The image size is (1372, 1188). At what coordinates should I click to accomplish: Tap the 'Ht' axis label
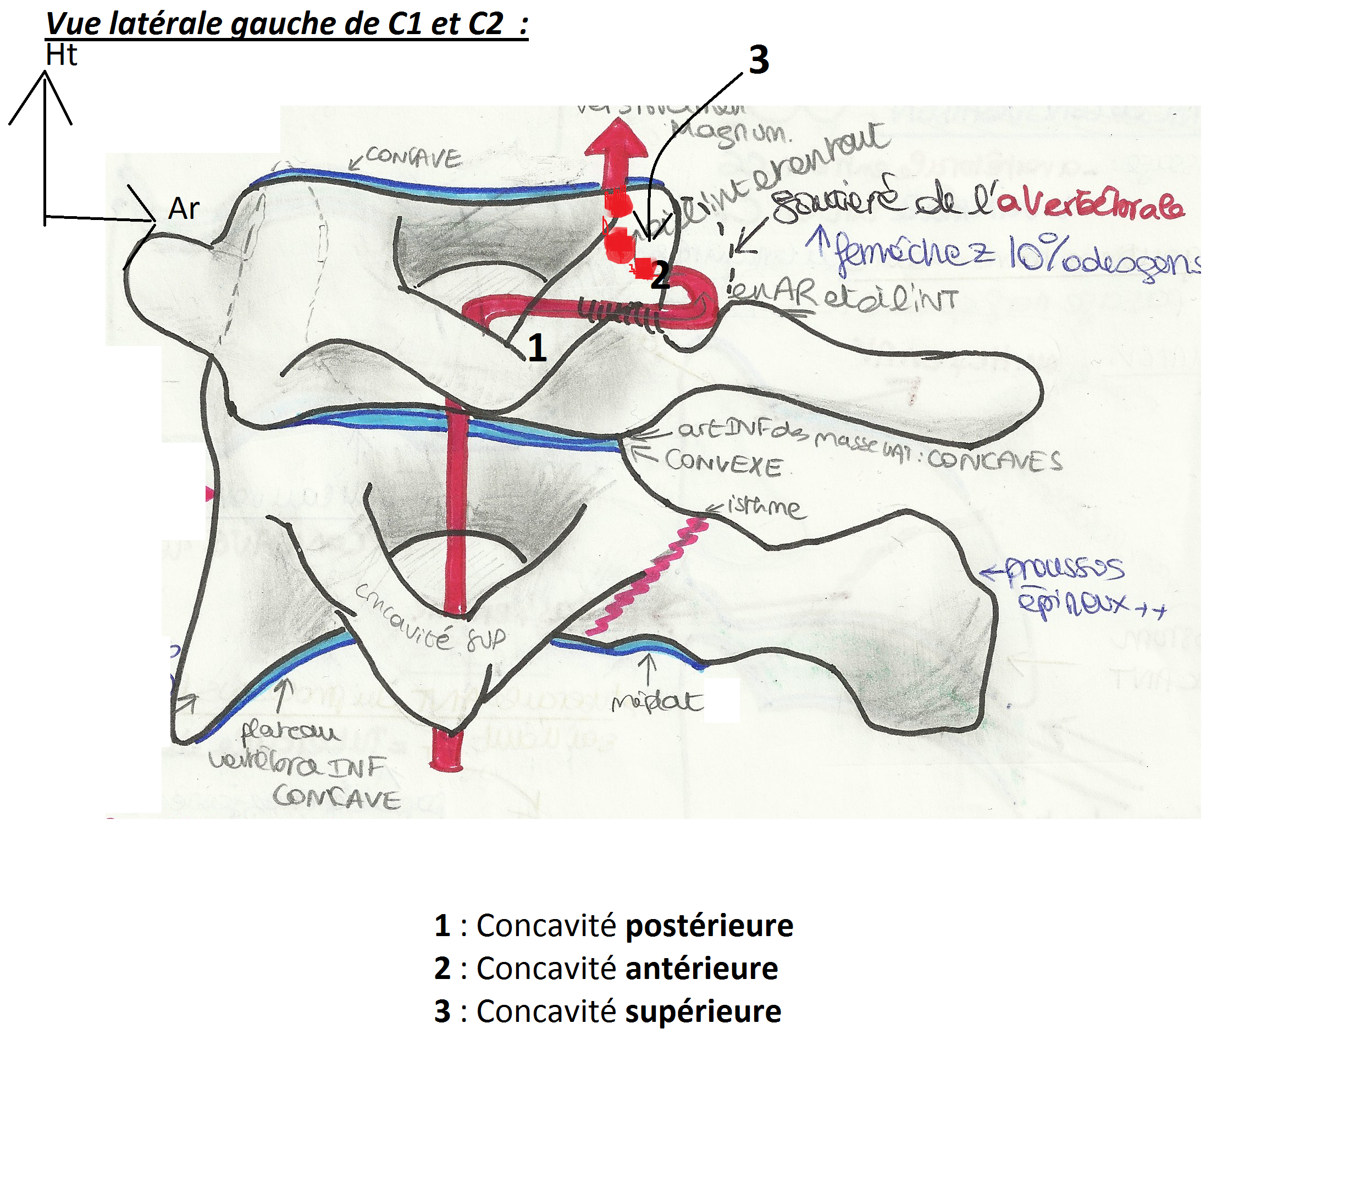coord(61,55)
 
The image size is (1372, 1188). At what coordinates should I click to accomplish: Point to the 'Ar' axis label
coord(184,209)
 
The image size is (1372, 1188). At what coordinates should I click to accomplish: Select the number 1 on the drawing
coord(536,348)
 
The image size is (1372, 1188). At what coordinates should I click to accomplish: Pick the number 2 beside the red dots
coord(660,275)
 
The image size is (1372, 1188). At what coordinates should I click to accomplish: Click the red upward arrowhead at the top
coord(616,139)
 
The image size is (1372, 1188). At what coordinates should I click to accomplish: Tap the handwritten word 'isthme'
coord(765,507)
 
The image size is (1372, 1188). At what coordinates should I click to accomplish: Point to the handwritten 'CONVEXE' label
coord(723,462)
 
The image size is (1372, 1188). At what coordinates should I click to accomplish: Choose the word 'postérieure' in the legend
coord(710,926)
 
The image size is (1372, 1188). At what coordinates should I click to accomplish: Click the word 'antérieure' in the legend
coord(701,969)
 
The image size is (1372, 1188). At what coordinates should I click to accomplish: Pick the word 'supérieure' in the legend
coord(704,1011)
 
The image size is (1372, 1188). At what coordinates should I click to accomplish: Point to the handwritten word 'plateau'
coord(290,732)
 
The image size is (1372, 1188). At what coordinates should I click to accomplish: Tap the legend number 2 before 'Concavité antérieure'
coord(442,969)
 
